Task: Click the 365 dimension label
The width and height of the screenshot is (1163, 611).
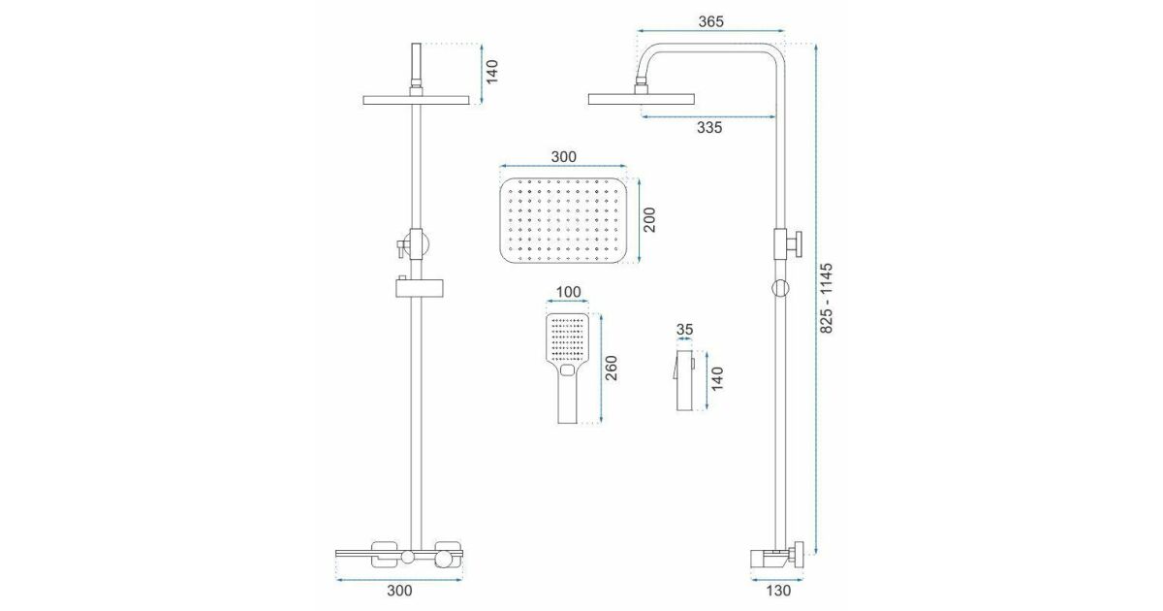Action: coord(710,21)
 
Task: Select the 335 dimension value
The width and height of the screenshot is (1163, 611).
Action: coord(709,128)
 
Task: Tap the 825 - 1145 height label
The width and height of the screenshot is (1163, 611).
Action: coord(826,299)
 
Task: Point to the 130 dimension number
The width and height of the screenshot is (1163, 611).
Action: coord(778,591)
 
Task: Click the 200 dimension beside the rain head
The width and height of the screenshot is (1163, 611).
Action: coord(649,220)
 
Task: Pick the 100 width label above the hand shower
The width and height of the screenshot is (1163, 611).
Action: coord(569,292)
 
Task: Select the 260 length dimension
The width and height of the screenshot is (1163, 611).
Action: coord(612,368)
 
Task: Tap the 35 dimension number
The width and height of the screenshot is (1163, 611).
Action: coord(685,330)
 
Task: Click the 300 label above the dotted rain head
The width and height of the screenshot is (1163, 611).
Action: coord(563,157)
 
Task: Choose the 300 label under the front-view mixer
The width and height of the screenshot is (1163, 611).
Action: coord(399,591)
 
